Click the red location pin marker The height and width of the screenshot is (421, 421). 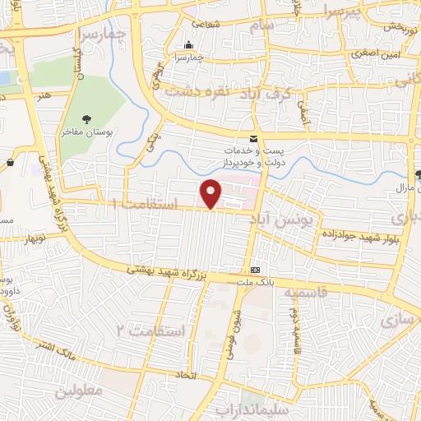(211, 193)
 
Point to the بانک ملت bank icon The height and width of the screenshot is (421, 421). (255, 270)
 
